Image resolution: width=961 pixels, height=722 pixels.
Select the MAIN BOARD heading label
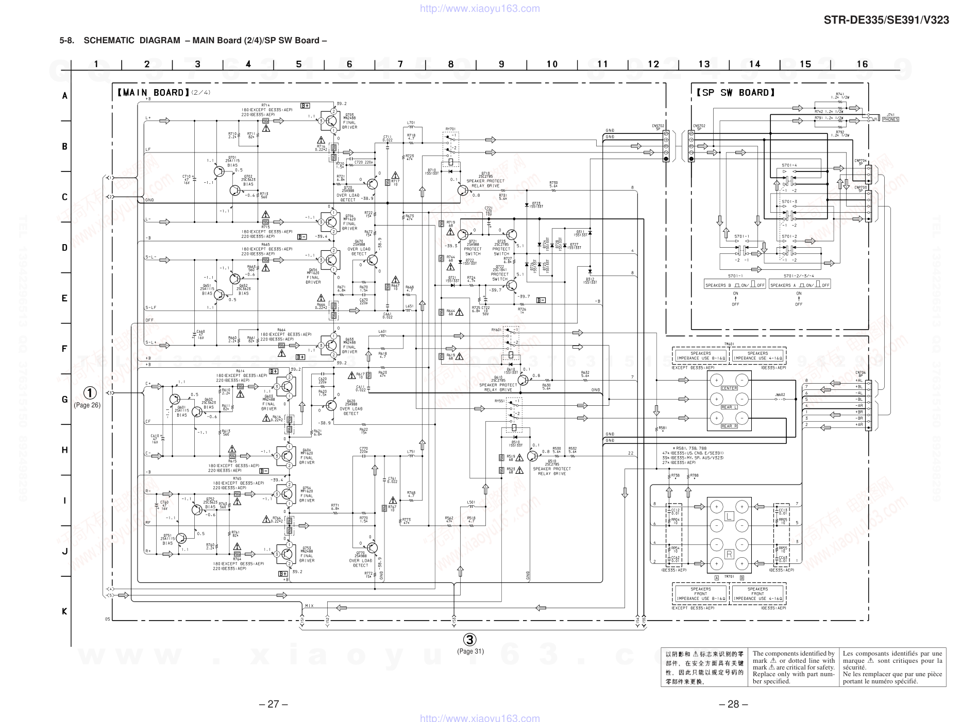pos(151,93)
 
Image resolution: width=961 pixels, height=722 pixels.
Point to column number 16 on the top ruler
pos(862,64)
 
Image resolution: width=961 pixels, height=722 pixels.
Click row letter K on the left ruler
pos(64,611)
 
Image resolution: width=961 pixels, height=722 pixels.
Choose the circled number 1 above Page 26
pos(90,393)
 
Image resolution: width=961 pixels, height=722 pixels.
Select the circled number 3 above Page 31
pos(469,640)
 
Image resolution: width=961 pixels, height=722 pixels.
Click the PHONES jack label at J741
pos(890,119)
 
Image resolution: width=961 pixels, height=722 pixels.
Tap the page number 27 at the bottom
pos(274,704)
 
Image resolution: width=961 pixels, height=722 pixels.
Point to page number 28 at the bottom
pos(733,704)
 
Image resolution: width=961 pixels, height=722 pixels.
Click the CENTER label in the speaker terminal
pos(729,388)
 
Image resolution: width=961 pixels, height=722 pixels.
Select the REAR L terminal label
pos(729,407)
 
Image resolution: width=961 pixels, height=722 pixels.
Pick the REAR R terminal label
pos(729,426)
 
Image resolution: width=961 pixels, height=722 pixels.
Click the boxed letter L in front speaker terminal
pos(729,516)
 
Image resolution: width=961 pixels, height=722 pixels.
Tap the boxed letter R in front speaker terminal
pos(729,554)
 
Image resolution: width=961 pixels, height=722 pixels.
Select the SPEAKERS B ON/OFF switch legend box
pos(735,285)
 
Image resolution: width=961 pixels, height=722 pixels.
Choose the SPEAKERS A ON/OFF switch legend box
pos(800,285)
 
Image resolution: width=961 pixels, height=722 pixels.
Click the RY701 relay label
pos(450,129)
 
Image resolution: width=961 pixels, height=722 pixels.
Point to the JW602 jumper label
pos(780,395)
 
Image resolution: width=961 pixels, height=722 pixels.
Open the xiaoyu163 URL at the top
pos(480,8)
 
